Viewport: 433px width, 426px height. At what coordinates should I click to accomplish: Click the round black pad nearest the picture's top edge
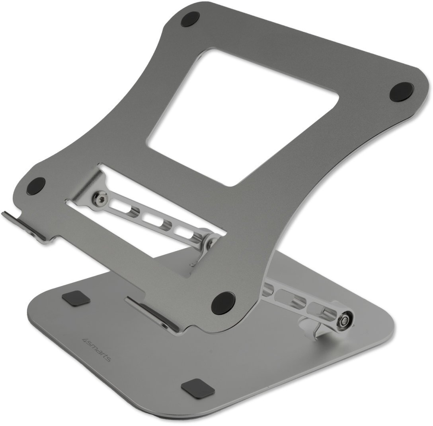click(190, 19)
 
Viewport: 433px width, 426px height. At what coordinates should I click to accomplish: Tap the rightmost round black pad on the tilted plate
click(402, 91)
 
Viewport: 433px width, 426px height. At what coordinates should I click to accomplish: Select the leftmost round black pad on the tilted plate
click(36, 186)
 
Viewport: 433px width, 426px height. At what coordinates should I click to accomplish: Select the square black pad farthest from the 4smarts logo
click(198, 387)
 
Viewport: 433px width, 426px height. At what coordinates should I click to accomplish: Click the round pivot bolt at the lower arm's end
click(345, 321)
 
